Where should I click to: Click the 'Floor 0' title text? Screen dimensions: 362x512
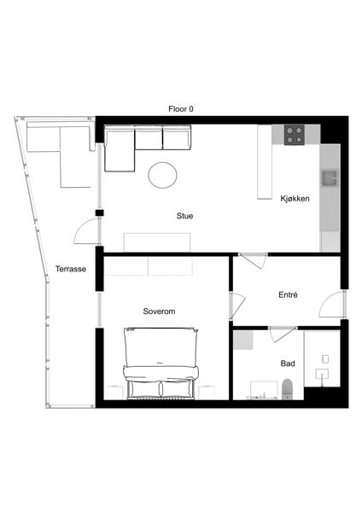click(x=181, y=109)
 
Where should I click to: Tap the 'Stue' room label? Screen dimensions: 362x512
click(x=184, y=216)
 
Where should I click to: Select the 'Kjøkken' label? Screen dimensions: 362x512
click(x=295, y=199)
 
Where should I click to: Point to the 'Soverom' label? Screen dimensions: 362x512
click(x=159, y=311)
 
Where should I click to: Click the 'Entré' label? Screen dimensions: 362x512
click(x=288, y=295)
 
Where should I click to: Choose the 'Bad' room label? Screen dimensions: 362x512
click(x=288, y=364)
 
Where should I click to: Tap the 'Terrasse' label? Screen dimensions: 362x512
click(x=71, y=269)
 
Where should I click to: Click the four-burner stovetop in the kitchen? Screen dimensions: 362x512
click(x=294, y=135)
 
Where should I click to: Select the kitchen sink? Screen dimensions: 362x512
click(x=330, y=178)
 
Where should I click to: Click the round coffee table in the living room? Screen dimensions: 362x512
click(x=162, y=175)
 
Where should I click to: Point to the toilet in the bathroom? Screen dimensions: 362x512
click(x=288, y=389)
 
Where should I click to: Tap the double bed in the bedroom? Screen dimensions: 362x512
click(x=161, y=364)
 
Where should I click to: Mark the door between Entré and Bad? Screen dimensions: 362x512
click(x=282, y=334)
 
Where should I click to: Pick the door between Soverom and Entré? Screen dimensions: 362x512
click(x=237, y=305)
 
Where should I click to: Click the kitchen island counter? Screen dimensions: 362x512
click(x=265, y=162)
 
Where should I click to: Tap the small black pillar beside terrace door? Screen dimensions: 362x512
click(x=99, y=212)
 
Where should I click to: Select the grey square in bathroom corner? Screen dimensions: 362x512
click(x=243, y=340)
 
